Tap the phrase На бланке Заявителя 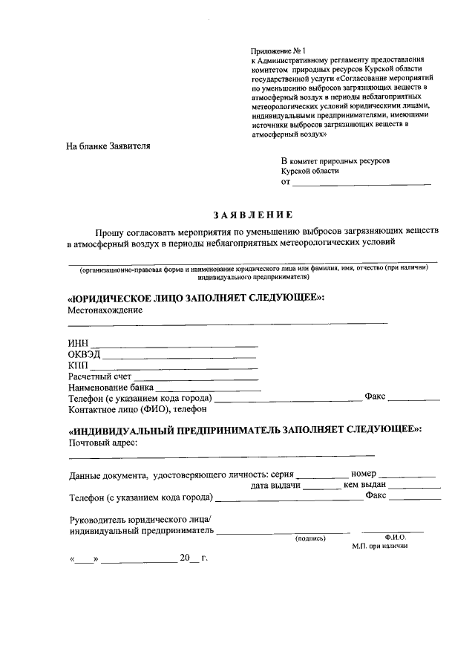[x=108, y=146]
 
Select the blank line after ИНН [x=174, y=345]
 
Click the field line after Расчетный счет [x=196, y=378]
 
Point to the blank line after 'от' [x=361, y=183]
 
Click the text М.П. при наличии [x=380, y=547]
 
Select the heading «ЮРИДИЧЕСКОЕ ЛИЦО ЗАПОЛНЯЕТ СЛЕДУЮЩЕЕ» [x=196, y=297]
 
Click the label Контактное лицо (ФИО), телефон [x=137, y=409]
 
